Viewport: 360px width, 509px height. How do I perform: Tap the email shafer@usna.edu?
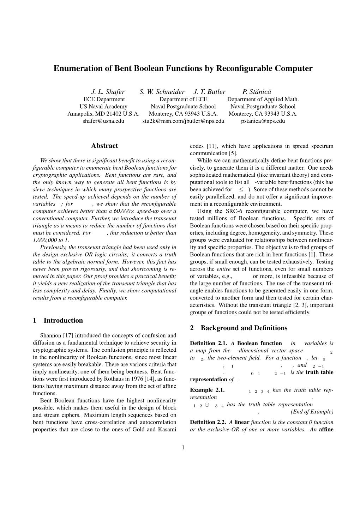coord(103,121)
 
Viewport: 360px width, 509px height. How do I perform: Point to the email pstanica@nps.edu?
coord(263,121)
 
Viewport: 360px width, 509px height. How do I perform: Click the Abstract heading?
coord(104,146)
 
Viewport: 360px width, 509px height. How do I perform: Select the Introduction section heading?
coord(63,320)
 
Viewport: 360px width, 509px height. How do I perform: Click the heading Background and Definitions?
coord(244,328)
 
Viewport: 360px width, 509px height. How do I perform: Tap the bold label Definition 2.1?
coord(208,343)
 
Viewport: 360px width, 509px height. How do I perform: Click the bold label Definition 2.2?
coord(208,422)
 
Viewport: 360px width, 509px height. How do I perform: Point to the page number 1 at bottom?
coord(183,448)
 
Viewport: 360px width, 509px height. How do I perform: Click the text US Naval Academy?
coord(103,107)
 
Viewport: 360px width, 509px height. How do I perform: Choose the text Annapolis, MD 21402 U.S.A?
coord(103,114)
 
